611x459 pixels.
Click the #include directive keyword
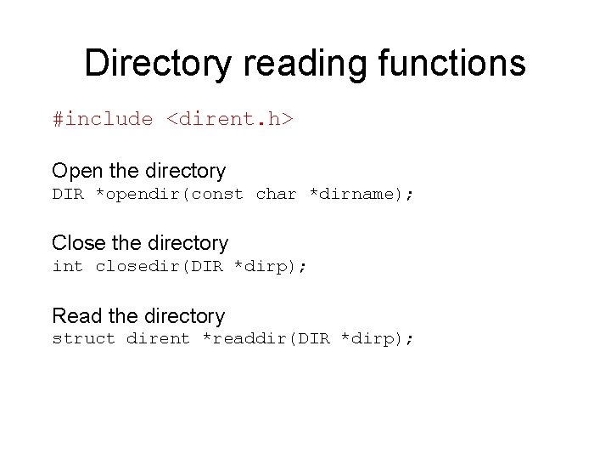click(103, 120)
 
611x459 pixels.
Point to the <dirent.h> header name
click(229, 120)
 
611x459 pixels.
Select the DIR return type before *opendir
click(69, 194)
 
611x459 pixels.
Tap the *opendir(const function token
click(169, 194)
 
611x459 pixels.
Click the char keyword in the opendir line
click(276, 194)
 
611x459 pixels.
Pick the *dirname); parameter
click(361, 194)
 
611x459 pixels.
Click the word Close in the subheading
click(77, 243)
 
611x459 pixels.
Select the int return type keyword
click(68, 266)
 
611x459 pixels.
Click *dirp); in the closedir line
click(271, 266)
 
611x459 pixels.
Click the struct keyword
click(83, 339)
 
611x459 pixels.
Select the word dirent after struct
click(158, 339)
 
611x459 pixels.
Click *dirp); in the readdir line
click(377, 339)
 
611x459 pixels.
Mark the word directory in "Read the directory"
click(184, 316)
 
